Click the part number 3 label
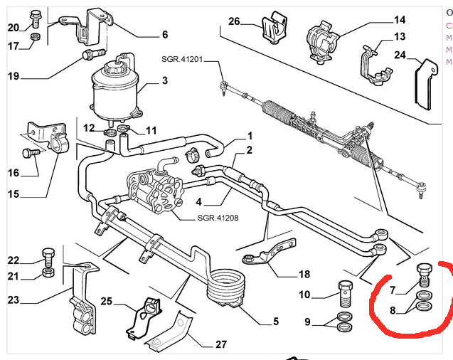(165, 80)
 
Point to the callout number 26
(235, 21)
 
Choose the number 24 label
(400, 54)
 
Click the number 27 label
(221, 344)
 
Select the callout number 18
(304, 273)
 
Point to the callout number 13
(399, 36)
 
